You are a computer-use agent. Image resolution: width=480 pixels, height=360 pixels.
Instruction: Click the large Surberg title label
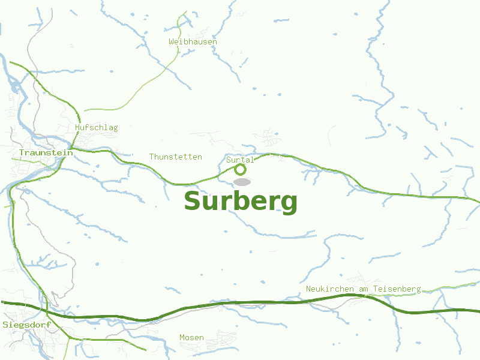click(x=241, y=202)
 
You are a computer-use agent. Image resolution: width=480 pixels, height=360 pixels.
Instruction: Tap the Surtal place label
click(x=241, y=160)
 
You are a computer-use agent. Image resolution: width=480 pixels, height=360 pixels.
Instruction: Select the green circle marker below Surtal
click(x=240, y=169)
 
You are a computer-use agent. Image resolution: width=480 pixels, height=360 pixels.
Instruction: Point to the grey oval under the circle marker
click(x=242, y=181)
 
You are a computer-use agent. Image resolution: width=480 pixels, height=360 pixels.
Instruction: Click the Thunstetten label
click(x=176, y=157)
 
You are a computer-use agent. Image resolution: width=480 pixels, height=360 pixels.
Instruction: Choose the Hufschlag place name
click(x=97, y=127)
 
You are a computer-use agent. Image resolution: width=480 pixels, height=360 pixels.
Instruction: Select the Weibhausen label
click(x=193, y=41)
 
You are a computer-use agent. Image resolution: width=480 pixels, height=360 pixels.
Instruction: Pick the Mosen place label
click(x=192, y=337)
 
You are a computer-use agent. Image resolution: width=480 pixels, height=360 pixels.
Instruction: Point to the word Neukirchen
click(x=330, y=289)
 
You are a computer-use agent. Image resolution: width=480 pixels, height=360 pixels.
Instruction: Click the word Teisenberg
click(x=397, y=289)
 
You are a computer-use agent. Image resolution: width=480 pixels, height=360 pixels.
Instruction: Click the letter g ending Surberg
click(x=289, y=204)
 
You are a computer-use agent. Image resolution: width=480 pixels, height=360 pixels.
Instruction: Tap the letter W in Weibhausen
click(x=172, y=41)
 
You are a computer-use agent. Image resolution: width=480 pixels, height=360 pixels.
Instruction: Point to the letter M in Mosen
click(x=182, y=337)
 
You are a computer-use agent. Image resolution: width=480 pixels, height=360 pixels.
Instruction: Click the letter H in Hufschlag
click(x=78, y=127)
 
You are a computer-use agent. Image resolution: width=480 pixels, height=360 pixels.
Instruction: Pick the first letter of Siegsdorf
click(x=5, y=325)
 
